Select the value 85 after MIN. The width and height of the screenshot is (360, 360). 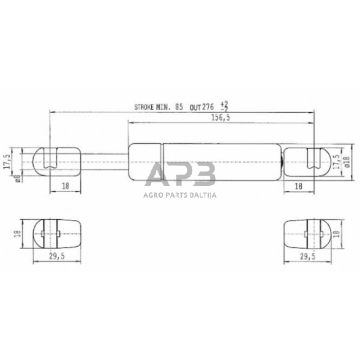[179, 107]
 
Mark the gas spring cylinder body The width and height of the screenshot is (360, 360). [205, 162]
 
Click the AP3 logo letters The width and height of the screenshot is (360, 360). [180, 175]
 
